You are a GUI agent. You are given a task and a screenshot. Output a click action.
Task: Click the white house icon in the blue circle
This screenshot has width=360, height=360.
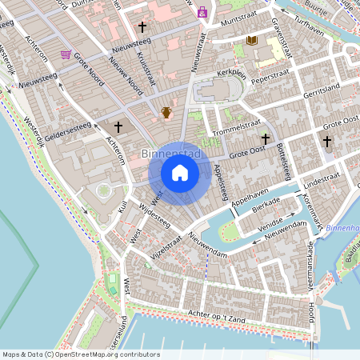[x=180, y=172]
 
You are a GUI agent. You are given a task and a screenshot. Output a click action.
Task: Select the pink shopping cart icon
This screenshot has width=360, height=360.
[x=65, y=55]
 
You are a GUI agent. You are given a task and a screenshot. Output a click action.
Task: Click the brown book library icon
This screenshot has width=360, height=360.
[x=251, y=39]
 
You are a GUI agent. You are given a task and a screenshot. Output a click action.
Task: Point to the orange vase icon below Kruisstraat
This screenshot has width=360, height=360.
[x=166, y=112]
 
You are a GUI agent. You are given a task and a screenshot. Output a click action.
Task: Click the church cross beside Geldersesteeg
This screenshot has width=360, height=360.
[x=118, y=126]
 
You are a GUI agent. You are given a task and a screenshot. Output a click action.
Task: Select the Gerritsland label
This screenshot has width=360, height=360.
[x=322, y=90]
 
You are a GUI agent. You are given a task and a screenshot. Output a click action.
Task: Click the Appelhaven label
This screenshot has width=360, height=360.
[x=250, y=198]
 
